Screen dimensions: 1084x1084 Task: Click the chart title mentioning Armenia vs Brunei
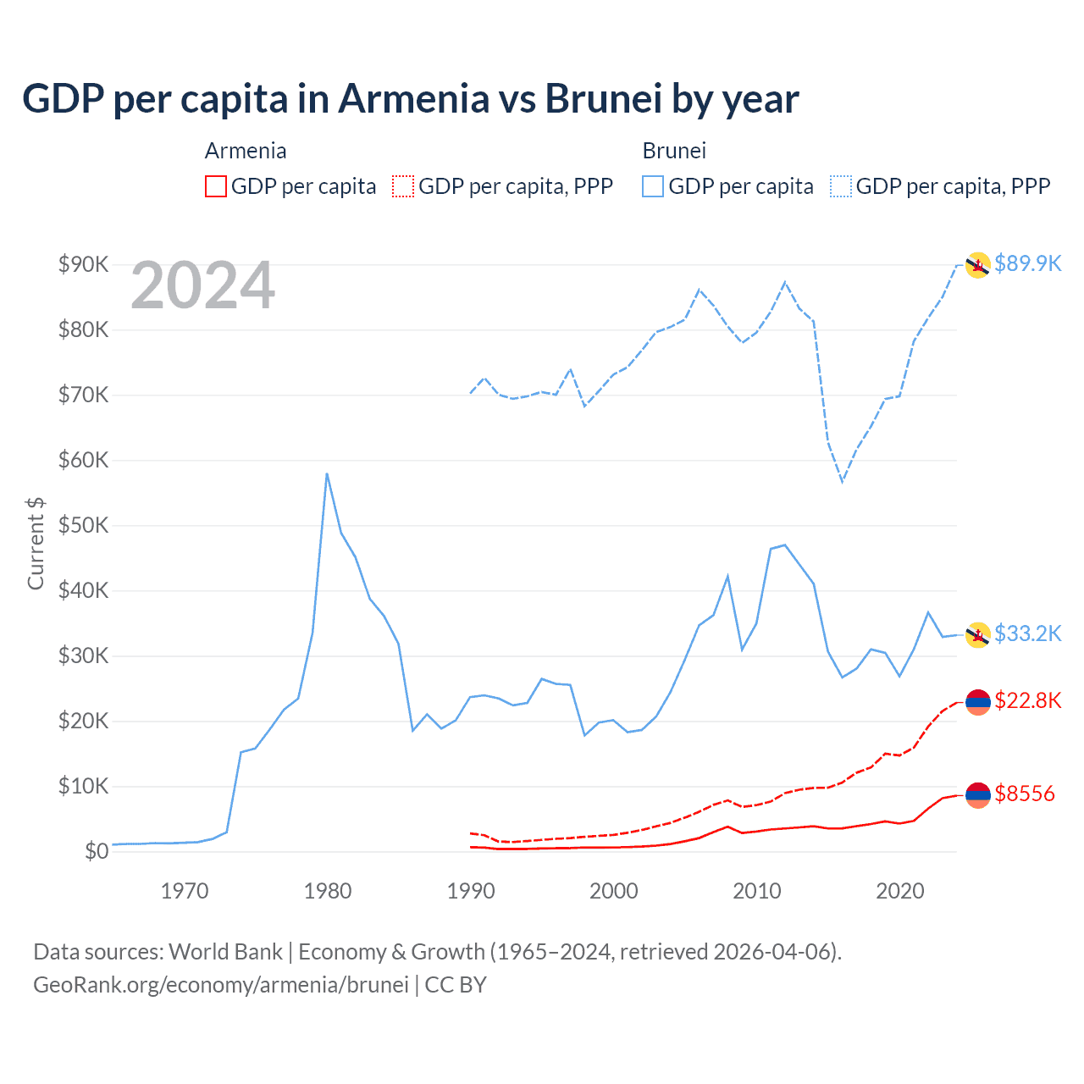click(410, 99)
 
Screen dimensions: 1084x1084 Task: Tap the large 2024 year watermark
click(202, 286)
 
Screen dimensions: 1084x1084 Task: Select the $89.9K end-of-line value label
click(1027, 263)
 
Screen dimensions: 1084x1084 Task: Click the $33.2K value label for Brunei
click(1027, 633)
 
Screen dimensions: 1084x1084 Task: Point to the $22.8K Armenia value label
click(1027, 700)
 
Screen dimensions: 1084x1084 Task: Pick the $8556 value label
click(1025, 794)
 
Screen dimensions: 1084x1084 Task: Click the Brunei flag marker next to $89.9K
click(978, 265)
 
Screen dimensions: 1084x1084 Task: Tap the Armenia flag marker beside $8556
click(978, 794)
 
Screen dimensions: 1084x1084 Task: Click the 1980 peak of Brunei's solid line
click(327, 474)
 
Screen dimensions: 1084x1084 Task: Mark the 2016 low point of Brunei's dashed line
click(843, 481)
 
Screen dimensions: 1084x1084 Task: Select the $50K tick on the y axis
click(83, 525)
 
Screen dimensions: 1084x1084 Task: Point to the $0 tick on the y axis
click(97, 851)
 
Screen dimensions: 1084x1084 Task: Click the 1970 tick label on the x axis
click(185, 891)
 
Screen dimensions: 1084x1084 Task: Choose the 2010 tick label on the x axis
click(756, 891)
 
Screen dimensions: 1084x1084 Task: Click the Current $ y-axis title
click(36, 544)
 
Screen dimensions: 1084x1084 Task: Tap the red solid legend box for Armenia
click(216, 186)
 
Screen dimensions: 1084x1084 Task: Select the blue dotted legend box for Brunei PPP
click(841, 186)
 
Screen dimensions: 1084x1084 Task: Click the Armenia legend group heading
click(246, 151)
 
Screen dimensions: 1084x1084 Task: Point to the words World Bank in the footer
click(225, 952)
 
